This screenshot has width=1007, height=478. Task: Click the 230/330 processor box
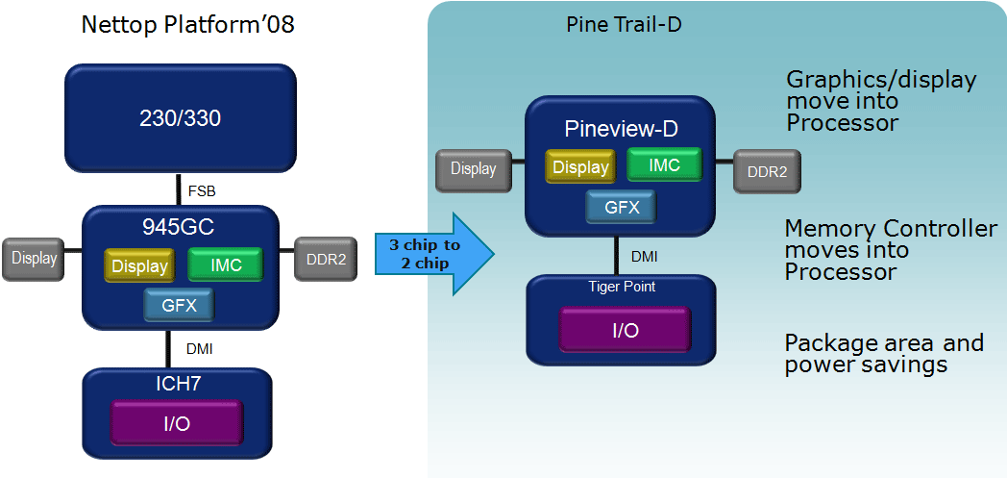(x=180, y=118)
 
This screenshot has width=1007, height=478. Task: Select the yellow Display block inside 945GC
(x=139, y=266)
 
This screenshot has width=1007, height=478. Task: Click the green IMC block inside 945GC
(x=225, y=264)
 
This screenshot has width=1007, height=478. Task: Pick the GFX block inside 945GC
(x=178, y=304)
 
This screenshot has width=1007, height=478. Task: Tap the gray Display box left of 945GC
(x=34, y=259)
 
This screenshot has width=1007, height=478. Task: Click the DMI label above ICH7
(x=196, y=349)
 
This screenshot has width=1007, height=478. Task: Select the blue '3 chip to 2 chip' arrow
(x=430, y=253)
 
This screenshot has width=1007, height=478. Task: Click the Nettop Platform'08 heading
(x=187, y=25)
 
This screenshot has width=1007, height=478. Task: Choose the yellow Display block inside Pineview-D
(x=580, y=167)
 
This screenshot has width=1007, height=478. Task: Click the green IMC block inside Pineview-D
(x=664, y=165)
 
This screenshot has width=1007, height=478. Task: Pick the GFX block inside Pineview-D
(x=620, y=206)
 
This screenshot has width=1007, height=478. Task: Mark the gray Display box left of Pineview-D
(x=473, y=169)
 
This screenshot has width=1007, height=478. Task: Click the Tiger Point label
(x=621, y=287)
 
